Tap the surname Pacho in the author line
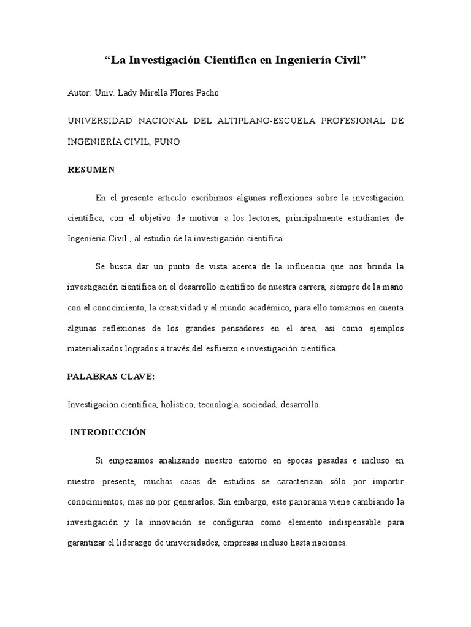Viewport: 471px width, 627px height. pos(205,93)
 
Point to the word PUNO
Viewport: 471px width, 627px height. pos(168,141)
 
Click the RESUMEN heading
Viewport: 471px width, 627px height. pos(91,170)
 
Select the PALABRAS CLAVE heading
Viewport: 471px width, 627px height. pos(111,377)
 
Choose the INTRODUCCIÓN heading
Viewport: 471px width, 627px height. pos(108,432)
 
